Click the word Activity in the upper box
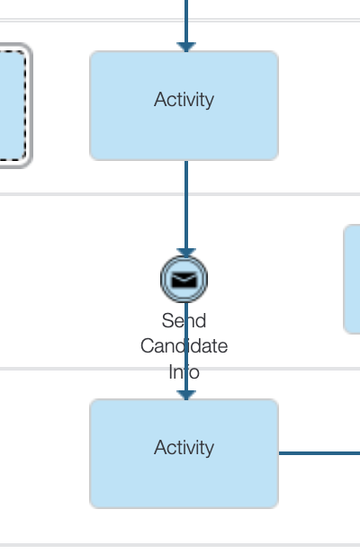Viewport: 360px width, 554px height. [x=184, y=100]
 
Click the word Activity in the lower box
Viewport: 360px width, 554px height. [x=184, y=448]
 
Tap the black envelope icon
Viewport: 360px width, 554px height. [x=184, y=280]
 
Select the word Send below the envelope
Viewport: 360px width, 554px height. [x=184, y=321]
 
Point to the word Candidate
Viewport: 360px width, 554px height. [x=184, y=346]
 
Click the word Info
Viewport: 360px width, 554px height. [x=184, y=372]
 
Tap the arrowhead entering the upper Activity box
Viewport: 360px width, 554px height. [x=186, y=47]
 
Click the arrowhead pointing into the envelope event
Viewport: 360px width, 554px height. [x=186, y=253]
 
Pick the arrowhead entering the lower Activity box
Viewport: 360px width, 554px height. [x=186, y=395]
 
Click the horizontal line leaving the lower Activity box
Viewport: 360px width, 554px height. [x=319, y=453]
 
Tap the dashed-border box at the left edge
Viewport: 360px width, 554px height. [x=14, y=105]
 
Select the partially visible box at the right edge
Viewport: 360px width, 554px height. [x=352, y=279]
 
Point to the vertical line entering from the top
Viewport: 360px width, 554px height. [x=186, y=22]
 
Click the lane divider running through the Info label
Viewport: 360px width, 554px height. [x=180, y=369]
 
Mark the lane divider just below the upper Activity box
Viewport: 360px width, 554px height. [x=180, y=194]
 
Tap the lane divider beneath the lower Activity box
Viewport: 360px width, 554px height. [x=180, y=545]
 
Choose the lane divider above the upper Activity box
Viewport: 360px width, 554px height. [x=180, y=20]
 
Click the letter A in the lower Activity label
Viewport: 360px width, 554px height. [x=160, y=447]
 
